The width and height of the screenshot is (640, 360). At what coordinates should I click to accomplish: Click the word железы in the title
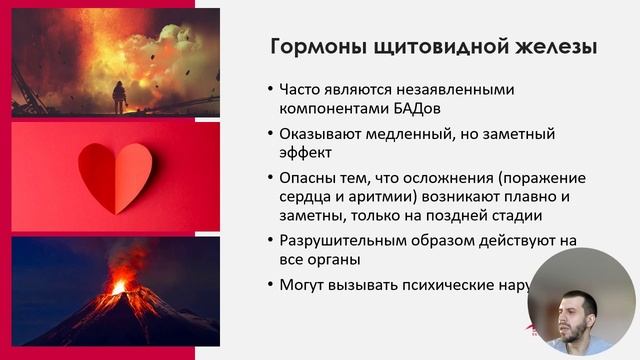coord(553,46)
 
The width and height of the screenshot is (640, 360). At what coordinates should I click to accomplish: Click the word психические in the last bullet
coord(450,285)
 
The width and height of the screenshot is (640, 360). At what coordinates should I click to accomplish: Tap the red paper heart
coord(115,174)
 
